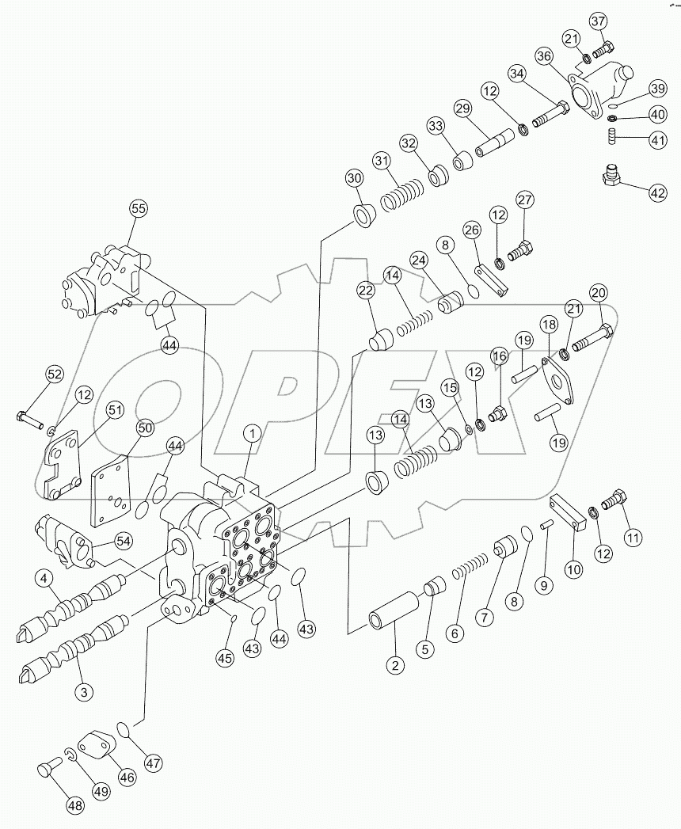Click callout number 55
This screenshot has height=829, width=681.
tap(139, 209)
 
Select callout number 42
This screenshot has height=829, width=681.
tap(658, 191)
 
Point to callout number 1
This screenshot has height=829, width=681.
tap(252, 433)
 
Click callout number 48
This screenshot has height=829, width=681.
tap(74, 806)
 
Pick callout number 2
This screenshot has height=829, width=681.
tap(394, 665)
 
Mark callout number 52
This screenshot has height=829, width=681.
tap(54, 374)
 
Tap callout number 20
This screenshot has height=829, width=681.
tap(598, 292)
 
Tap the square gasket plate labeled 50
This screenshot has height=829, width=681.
tap(111, 490)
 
